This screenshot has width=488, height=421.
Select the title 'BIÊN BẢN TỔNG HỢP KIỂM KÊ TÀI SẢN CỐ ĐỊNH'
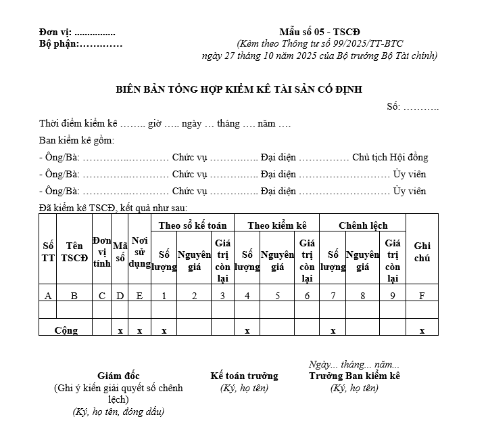(239, 89)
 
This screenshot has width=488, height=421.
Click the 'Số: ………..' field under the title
(412, 107)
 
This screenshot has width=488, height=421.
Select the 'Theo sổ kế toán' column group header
(193, 225)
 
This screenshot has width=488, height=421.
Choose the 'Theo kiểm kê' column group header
(277, 225)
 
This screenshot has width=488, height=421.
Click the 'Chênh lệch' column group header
(363, 225)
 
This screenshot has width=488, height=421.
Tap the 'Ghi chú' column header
(422, 251)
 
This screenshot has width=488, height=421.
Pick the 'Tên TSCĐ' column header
(74, 251)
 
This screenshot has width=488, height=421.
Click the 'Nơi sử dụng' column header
(139, 251)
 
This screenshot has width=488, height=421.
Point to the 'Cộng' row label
(66, 330)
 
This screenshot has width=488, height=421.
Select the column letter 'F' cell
(422, 295)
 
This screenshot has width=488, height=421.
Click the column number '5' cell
(277, 295)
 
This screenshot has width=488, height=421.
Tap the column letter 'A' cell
(47, 295)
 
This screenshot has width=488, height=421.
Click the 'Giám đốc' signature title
(118, 376)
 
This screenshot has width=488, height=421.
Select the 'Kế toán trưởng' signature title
(244, 376)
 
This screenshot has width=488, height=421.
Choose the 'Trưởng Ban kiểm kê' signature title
(355, 376)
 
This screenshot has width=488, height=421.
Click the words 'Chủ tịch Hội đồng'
(390, 157)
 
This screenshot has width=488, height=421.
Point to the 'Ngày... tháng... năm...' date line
(353, 364)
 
